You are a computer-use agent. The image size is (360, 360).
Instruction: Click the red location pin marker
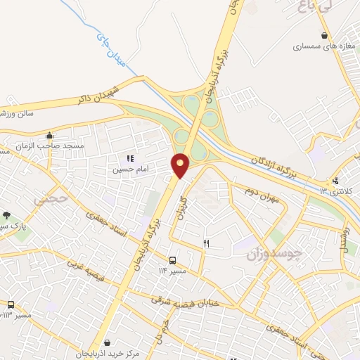tap(181, 165)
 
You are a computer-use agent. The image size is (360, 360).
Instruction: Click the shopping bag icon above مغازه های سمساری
tap(323, 35)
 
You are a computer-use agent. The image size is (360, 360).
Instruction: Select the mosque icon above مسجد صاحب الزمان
tap(49, 135)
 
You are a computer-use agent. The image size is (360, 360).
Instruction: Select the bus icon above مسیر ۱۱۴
tap(173, 259)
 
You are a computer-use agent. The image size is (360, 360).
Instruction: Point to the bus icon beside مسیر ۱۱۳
tap(10, 304)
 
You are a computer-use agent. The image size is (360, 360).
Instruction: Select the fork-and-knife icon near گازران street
tap(206, 243)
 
